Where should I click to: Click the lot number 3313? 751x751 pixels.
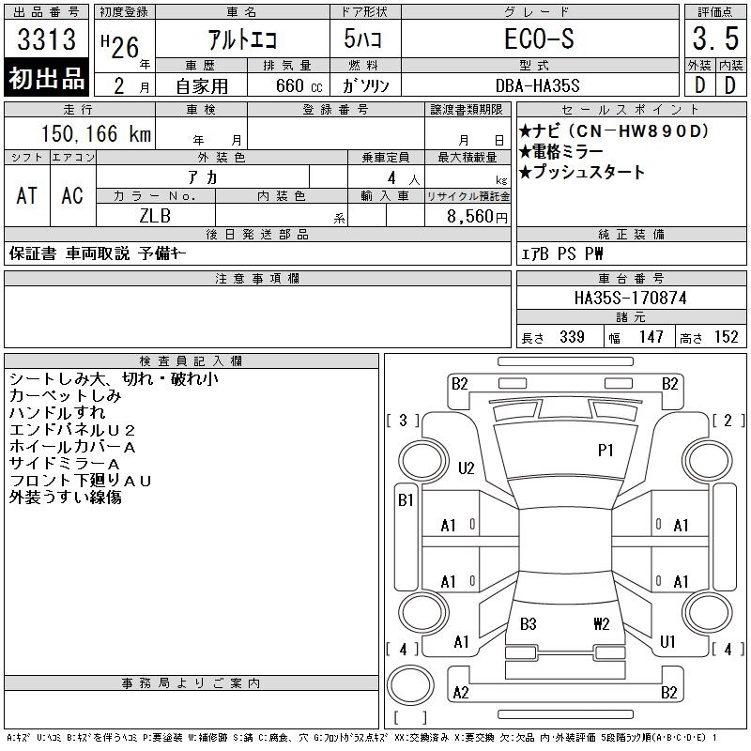pos(46,38)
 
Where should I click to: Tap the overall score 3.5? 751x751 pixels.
pos(715,38)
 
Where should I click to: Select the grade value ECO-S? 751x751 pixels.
pos(539,38)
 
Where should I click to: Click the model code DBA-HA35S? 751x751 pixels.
pos(537,85)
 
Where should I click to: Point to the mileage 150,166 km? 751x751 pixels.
pos(96,133)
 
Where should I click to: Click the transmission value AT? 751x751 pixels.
pos(27,195)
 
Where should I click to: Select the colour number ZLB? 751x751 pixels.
pos(155,216)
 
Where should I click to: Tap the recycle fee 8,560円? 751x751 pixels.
pos(477,217)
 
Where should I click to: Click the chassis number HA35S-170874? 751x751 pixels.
pos(630,298)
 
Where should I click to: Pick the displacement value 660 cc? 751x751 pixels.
pos(299,85)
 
